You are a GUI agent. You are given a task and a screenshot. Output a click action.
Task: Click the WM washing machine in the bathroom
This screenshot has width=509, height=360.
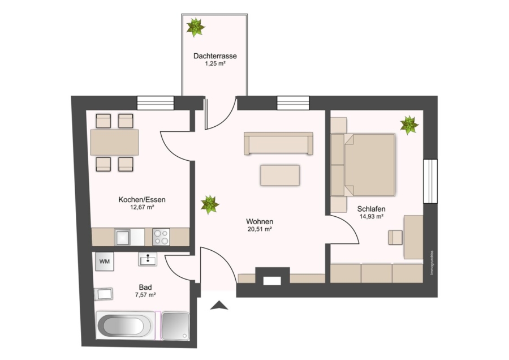pos(105,262)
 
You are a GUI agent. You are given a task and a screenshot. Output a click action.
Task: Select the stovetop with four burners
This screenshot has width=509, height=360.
pos(161,237)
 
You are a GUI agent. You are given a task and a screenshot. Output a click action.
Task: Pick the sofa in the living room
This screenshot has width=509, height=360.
pos(278,143)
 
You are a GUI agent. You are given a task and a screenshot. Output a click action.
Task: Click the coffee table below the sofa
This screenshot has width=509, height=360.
pos(280,175)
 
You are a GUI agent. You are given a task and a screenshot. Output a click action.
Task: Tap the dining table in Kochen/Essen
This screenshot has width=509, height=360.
pos(115,142)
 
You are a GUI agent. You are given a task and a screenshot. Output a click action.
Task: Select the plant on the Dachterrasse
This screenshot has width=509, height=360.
pos(196,27)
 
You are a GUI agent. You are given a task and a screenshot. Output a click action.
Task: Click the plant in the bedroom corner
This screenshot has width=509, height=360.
pos(409,125)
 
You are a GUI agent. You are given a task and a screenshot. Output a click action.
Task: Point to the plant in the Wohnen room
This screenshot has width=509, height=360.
pos(210,205)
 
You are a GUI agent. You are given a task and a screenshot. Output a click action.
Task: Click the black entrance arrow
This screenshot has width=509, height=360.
pos(219,305)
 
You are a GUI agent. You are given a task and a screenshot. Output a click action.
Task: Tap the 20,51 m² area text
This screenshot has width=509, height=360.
pos(260,229)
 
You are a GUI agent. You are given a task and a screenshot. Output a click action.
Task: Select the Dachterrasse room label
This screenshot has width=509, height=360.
pos(215,56)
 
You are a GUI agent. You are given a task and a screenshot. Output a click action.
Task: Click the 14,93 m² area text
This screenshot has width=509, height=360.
pos(372,216)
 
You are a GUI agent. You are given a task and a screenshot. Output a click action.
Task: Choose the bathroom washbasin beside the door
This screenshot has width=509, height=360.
pos(148,259)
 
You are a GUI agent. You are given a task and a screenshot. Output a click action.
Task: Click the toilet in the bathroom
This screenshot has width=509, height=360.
pos(103,294)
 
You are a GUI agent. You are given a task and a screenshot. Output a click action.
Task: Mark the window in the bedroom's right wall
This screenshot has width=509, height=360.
pos(430,181)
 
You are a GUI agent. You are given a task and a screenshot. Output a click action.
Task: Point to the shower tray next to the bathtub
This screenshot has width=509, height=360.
pos(176,326)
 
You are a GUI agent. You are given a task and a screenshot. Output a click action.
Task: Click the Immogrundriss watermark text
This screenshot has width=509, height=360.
pos(432,263)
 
